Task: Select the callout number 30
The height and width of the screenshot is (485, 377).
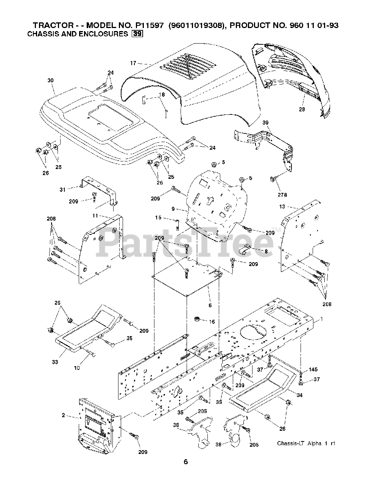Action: pos(51,80)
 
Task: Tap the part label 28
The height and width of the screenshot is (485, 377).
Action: pos(302,110)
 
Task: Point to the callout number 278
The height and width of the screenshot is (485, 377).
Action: pos(282,195)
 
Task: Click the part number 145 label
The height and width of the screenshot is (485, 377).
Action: pos(313,369)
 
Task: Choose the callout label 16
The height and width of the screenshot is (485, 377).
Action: pos(212,322)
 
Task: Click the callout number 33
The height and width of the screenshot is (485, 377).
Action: pos(55,362)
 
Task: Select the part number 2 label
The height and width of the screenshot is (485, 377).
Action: pos(64,415)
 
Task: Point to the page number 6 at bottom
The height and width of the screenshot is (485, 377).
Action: pos(185,462)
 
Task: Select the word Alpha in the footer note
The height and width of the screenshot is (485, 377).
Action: pos(314,443)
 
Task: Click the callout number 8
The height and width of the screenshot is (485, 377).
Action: pos(266,251)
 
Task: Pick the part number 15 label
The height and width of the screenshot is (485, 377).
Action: pos(158,217)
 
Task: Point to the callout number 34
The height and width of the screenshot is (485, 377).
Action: pos(300,395)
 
